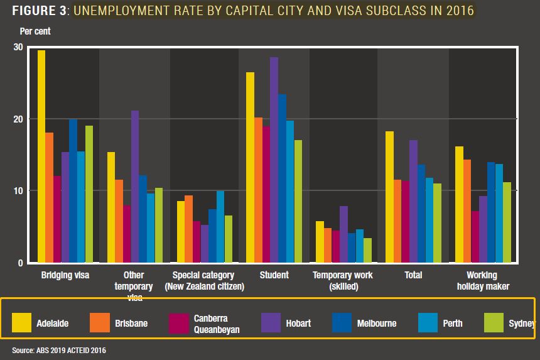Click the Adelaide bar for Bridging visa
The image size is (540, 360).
click(x=41, y=156)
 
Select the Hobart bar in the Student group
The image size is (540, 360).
click(x=274, y=160)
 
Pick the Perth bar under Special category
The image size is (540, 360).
click(x=220, y=227)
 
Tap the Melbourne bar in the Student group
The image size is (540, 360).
click(x=282, y=178)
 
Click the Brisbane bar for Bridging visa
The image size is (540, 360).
click(x=49, y=197)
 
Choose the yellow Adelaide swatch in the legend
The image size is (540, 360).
click(x=22, y=323)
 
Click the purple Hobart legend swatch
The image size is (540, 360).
click(x=271, y=323)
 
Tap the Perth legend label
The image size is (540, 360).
click(x=452, y=324)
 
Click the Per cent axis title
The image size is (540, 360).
click(x=35, y=31)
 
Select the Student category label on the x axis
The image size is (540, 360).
click(x=274, y=275)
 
